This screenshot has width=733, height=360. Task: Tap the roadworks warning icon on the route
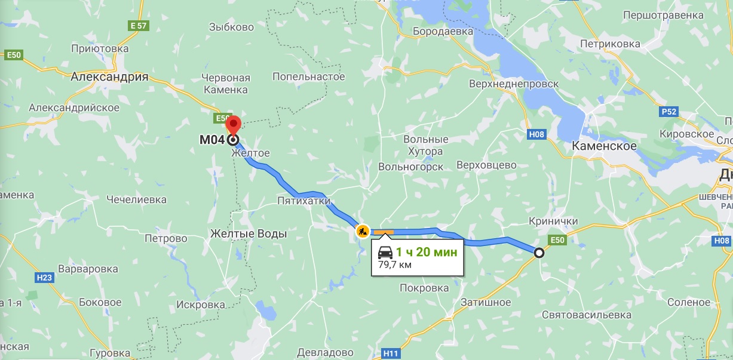tap(363, 230)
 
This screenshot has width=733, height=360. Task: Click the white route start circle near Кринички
tap(539, 253)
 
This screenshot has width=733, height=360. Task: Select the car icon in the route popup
tap(386, 252)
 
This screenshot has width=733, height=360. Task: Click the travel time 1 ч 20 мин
tap(427, 252)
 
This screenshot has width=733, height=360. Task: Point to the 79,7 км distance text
tap(395, 264)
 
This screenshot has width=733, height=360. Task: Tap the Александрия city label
tap(109, 76)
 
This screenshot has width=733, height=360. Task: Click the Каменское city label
tap(604, 146)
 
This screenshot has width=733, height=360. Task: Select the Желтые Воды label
tap(249, 233)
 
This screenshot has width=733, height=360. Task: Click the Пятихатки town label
tap(303, 201)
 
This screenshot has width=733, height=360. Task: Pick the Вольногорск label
tap(411, 167)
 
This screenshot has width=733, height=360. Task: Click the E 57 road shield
tap(138, 26)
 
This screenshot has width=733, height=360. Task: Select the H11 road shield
tap(391, 353)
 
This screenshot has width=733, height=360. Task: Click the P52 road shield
tap(669, 112)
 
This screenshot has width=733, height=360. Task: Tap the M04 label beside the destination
tap(211, 141)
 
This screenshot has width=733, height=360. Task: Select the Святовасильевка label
tap(586, 314)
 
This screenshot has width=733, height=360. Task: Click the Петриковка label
tap(610, 44)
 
